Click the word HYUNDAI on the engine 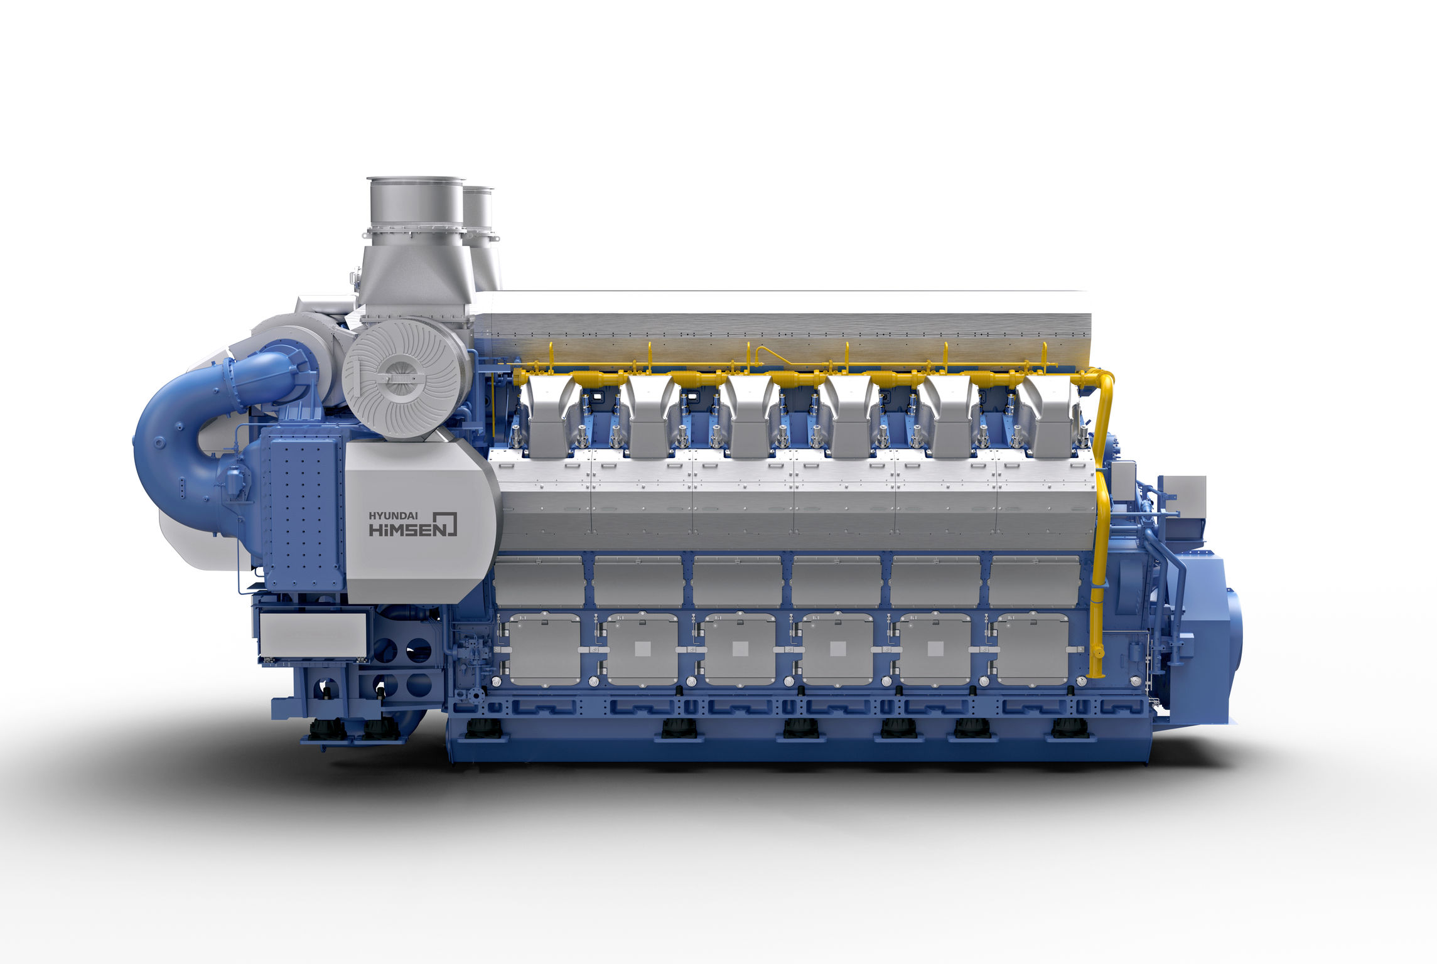[x=393, y=516]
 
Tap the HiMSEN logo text [x=411, y=529]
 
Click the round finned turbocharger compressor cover [x=405, y=378]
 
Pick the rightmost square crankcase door [x=1031, y=650]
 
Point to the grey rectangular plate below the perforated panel [x=313, y=634]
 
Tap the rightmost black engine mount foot [x=1070, y=728]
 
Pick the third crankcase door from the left [x=739, y=650]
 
